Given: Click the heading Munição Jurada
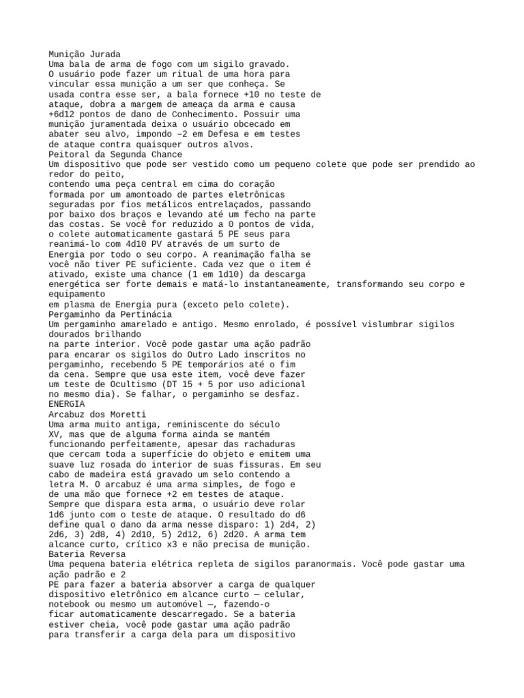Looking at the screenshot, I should coord(85,54).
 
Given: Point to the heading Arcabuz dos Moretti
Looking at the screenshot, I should coord(98,414).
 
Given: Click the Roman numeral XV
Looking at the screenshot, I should coord(55,434).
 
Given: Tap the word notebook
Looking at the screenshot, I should coord(72,594).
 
